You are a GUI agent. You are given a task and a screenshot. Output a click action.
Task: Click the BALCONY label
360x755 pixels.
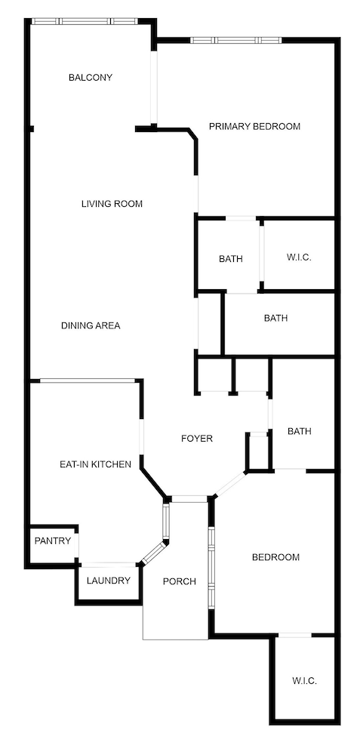(91, 77)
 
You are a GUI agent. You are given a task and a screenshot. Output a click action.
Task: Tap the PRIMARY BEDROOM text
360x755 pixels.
(254, 126)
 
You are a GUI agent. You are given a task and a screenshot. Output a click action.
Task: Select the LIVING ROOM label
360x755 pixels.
(112, 204)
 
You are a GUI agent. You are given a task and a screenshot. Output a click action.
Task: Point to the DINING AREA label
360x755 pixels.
(91, 325)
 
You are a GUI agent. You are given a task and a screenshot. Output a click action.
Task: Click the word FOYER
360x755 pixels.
(196, 438)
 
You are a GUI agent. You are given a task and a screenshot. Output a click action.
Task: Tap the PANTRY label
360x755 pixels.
(53, 541)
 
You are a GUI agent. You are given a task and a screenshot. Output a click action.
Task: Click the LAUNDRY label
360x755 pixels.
(109, 581)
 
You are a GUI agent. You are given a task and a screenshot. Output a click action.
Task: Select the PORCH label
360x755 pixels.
(180, 581)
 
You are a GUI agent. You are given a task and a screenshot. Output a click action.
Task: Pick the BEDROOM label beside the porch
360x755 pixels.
(275, 557)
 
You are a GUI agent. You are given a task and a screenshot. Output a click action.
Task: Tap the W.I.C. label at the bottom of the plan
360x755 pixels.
(304, 680)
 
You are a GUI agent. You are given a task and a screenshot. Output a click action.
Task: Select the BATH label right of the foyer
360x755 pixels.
(300, 431)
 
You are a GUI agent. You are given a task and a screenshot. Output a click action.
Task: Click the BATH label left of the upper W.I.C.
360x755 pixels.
(231, 259)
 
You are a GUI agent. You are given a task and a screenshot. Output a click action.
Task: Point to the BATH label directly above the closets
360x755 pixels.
(275, 318)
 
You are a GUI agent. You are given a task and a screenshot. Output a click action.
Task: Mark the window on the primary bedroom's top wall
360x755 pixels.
(235, 40)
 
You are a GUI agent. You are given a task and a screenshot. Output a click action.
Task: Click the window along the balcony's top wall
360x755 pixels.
(85, 21)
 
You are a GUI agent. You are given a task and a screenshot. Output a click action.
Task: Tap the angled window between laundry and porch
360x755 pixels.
(153, 552)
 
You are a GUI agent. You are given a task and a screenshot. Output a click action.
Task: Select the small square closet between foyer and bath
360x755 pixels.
(258, 451)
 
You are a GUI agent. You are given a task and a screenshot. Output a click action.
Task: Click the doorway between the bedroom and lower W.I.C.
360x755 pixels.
(295, 636)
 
